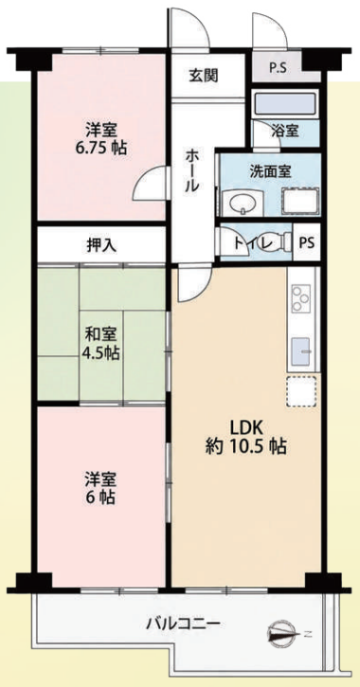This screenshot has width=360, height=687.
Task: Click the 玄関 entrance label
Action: click(204, 76)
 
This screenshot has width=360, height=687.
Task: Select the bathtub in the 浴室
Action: click(286, 104)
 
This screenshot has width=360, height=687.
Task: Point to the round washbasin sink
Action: click(243, 204)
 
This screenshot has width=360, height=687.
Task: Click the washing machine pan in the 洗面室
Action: click(301, 201)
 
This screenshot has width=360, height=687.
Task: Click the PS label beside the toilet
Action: click(307, 243)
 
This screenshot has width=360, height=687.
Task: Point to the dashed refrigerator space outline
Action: click(301, 390)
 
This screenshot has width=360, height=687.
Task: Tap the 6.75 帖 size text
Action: click(101, 149)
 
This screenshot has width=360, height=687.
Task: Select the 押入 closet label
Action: click(101, 245)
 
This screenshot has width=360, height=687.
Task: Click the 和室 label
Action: click(100, 334)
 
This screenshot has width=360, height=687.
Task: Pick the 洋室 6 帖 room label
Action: click(100, 488)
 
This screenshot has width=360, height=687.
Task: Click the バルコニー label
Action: click(184, 623)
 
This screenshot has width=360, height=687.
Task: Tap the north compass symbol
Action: click(280, 634)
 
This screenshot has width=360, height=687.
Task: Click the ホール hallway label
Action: click(191, 171)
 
